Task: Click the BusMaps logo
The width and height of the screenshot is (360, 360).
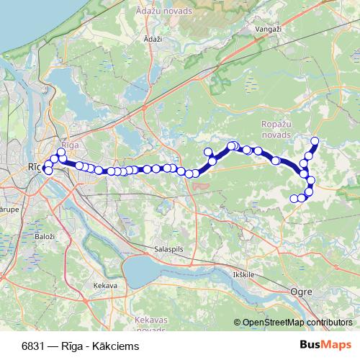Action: pyautogui.click(x=326, y=344)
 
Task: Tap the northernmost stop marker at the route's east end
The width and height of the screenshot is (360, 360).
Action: pyautogui.click(x=314, y=140)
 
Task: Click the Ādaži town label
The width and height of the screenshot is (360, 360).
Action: pyautogui.click(x=153, y=39)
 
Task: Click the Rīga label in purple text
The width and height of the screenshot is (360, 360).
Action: pyautogui.click(x=69, y=144)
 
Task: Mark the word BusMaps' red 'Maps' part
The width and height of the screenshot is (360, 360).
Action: pyautogui.click(x=337, y=344)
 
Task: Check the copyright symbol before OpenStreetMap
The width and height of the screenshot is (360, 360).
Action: pyautogui.click(x=238, y=323)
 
